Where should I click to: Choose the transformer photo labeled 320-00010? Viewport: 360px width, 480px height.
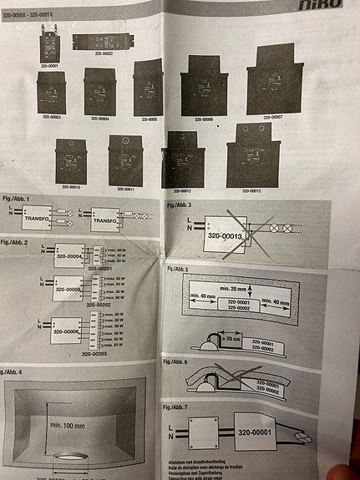[x=73, y=160]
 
